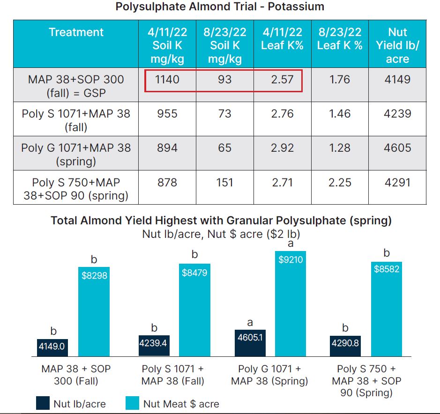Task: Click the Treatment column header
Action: pyautogui.click(x=76, y=32)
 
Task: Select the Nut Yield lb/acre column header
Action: pyautogui.click(x=397, y=45)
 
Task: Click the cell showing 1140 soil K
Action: pyautogui.click(x=167, y=80)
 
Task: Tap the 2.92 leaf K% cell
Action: pyautogui.click(x=282, y=148)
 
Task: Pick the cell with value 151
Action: pyautogui.click(x=225, y=182)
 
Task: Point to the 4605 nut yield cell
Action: pyautogui.click(x=397, y=148)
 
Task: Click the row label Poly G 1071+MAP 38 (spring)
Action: pyautogui.click(x=76, y=155)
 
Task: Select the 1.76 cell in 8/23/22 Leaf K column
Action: pyautogui.click(x=340, y=80)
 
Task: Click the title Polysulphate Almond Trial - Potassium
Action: pyautogui.click(x=220, y=7)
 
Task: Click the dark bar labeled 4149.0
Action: pyautogui.click(x=53, y=347)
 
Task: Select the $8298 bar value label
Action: pyautogui.click(x=94, y=276)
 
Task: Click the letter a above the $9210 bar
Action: pyautogui.click(x=290, y=244)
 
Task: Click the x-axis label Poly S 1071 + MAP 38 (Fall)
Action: pyautogui.click(x=173, y=375)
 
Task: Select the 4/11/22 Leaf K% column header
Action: pyautogui.click(x=282, y=39)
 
